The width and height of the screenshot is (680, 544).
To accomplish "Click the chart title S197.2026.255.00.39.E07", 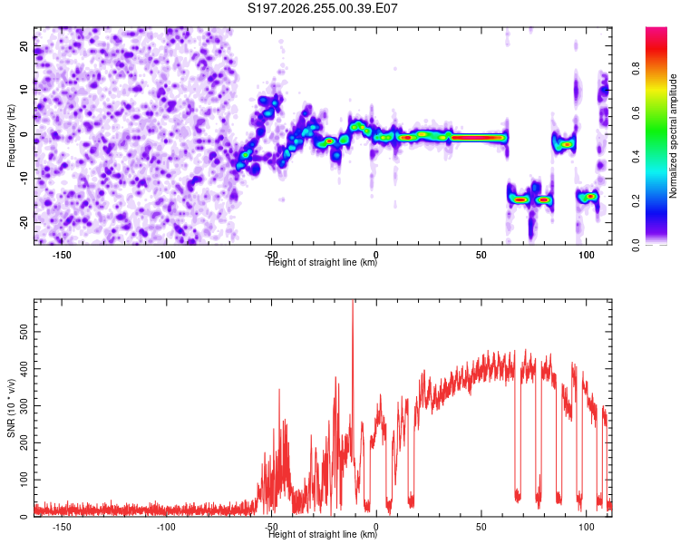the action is (322, 8).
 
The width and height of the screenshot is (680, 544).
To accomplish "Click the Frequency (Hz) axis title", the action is (11, 136).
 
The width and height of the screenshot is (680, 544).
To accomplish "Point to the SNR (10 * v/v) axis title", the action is (11, 408).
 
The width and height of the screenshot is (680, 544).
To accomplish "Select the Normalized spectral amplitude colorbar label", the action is (673, 136).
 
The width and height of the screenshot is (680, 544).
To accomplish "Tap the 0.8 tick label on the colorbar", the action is (636, 69).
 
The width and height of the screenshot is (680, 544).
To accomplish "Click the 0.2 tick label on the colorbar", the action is (636, 201).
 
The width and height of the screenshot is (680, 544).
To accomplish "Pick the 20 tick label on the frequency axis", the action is (24, 46).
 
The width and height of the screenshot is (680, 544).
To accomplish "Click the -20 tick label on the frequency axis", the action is (24, 222).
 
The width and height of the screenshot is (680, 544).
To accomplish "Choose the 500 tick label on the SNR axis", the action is (24, 332).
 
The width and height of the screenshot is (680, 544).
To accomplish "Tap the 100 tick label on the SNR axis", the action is (24, 480).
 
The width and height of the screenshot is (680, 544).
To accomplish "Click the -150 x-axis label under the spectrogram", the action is (62, 255).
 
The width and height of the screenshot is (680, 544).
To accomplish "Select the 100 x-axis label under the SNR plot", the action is (587, 527).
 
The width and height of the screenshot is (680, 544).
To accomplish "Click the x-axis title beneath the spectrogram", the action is (323, 262).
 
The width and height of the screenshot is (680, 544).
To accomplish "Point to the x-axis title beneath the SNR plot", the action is (323, 534).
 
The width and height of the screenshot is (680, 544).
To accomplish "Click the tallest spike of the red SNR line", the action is (353, 301).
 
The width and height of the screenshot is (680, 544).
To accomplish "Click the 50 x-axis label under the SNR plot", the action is (481, 527).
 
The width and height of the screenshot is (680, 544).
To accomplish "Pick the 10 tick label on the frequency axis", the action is (24, 91).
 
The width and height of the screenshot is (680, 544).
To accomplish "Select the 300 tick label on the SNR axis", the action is (24, 405).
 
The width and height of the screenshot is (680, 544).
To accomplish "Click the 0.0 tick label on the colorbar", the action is (636, 245).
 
